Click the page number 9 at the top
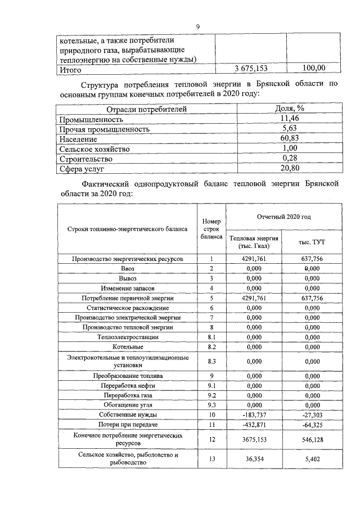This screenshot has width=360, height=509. (197, 26)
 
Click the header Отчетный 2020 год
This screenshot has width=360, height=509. (284, 217)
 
